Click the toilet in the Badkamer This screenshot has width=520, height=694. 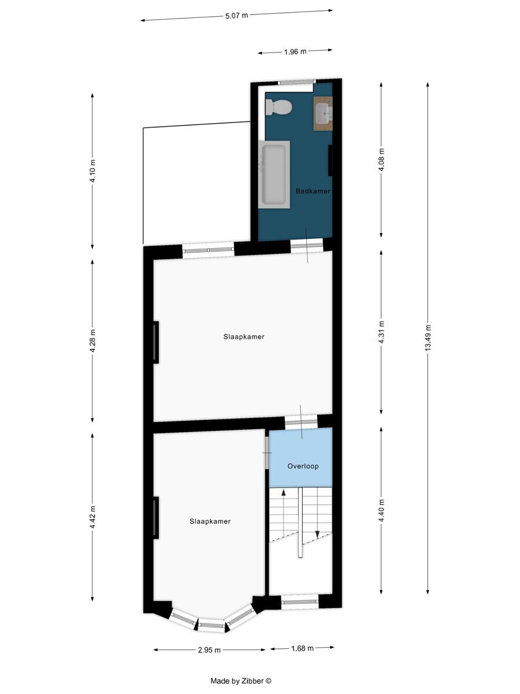pyautogui.click(x=278, y=107)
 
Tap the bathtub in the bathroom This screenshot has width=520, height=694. pyautogui.click(x=274, y=175)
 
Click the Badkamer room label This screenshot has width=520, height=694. pyautogui.click(x=313, y=191)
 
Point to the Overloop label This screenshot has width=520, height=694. pyautogui.click(x=303, y=466)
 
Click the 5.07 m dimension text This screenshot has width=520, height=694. pyautogui.click(x=237, y=16)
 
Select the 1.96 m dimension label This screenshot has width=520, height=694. pyautogui.click(x=295, y=51)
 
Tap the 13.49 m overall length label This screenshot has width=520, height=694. pyautogui.click(x=428, y=337)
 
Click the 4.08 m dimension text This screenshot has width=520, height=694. pyautogui.click(x=381, y=160)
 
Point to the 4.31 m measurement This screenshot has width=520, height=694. pyautogui.click(x=381, y=332)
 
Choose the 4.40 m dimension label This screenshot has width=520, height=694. pyautogui.click(x=381, y=511)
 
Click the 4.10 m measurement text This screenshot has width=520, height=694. pyautogui.click(x=92, y=171)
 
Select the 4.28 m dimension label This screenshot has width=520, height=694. pyautogui.click(x=92, y=341)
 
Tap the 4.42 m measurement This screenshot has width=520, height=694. pyautogui.click(x=92, y=517)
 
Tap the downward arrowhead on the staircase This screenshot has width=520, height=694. pyautogui.click(x=317, y=534)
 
